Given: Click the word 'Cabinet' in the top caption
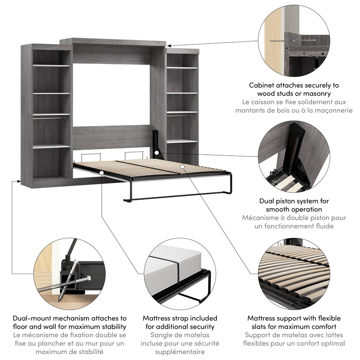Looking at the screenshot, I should click(261, 85).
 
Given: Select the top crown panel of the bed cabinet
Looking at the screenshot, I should click(112, 42).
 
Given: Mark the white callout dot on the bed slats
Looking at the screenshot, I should click(182, 166).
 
